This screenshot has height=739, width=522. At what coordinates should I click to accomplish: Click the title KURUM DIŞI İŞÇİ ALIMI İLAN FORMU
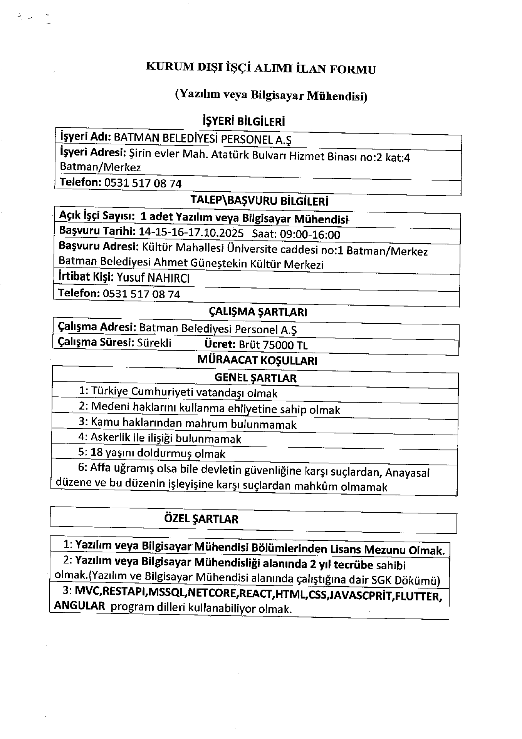point(261,68)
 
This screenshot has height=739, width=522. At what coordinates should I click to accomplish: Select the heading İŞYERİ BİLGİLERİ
point(243,122)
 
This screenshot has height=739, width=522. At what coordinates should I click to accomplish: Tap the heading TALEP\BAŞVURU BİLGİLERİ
point(259,201)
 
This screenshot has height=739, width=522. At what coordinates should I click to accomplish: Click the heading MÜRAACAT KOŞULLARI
point(257,360)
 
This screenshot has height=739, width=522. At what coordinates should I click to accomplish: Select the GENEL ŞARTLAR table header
point(255,378)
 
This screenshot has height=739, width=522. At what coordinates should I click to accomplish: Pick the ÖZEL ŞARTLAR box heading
point(201,519)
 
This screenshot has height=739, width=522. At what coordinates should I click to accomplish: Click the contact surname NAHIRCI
point(169,278)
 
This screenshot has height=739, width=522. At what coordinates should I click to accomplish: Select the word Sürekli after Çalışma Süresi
point(154,343)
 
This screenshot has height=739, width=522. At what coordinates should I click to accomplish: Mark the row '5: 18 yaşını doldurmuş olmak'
point(152,453)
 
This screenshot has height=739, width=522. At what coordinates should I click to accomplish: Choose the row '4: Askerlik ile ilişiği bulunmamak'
point(160,438)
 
